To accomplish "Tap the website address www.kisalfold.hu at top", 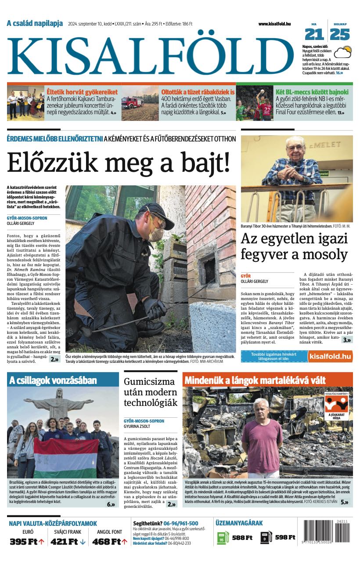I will [x=274, y=24].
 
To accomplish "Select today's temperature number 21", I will [x=314, y=34].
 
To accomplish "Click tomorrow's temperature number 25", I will [x=340, y=34].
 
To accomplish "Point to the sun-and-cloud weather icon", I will [x=343, y=52].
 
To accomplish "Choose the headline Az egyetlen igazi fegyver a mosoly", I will [x=294, y=246].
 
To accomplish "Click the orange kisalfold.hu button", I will [x=330, y=356].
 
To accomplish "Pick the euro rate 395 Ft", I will [x=24, y=541].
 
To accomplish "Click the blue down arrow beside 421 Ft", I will [x=83, y=542].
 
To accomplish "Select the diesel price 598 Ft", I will [x=285, y=537].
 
